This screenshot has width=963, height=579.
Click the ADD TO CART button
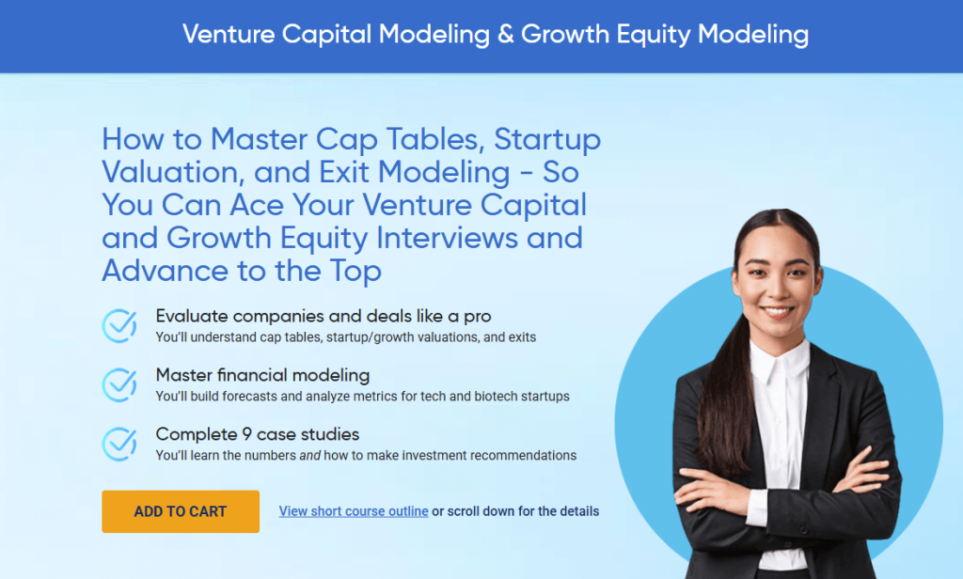pos(181,511)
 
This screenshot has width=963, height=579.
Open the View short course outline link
pos(354,511)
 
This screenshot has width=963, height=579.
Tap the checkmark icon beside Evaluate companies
pos(119,326)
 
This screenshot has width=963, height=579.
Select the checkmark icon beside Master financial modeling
pos(119,385)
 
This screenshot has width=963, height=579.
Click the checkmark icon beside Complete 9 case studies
pos(119,445)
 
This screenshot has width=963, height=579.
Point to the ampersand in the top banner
pos(505,35)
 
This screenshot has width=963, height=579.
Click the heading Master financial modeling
pos(262,375)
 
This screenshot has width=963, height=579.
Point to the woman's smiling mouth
pos(778,309)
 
